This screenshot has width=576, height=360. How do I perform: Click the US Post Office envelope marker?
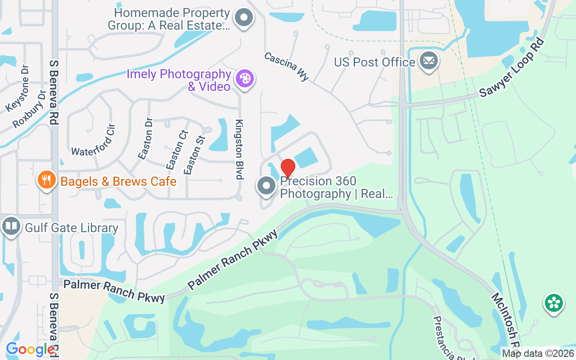pyautogui.click(x=428, y=61)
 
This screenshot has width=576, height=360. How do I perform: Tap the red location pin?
pyautogui.click(x=288, y=168)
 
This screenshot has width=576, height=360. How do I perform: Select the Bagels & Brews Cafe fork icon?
pyautogui.click(x=46, y=180)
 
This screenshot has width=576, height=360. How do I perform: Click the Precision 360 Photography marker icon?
pyautogui.click(x=266, y=186)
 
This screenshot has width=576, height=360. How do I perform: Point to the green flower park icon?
pyautogui.click(x=554, y=302)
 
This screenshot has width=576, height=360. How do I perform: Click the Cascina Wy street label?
pyautogui.click(x=287, y=67)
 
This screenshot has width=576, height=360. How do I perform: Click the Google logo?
pyautogui.click(x=30, y=349)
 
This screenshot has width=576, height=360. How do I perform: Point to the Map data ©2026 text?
pyautogui.click(x=538, y=354)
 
